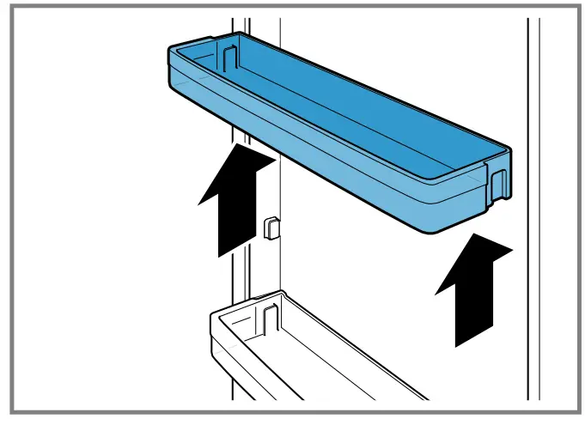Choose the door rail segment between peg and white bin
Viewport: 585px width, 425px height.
click(242, 266)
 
